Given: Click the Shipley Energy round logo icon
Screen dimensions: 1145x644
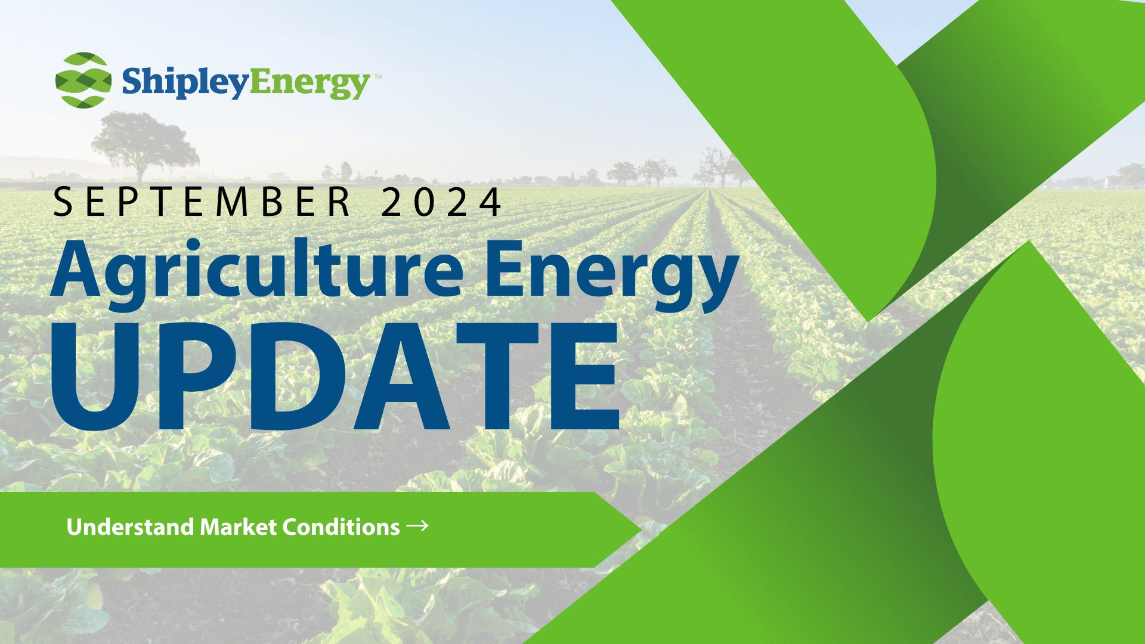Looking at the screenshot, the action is click(x=83, y=80).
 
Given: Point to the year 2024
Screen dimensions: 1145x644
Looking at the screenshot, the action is click(x=441, y=202).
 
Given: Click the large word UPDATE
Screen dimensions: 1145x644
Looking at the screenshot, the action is click(x=335, y=376).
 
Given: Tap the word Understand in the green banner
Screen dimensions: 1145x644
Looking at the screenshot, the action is click(x=130, y=527).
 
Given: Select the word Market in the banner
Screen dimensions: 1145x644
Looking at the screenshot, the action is click(x=238, y=527).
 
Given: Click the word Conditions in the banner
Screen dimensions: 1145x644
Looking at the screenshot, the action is click(x=341, y=527).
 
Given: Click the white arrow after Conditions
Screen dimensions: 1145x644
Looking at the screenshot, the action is click(x=417, y=525).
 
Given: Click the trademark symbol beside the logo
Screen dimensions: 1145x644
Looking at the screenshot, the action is click(x=377, y=76).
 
